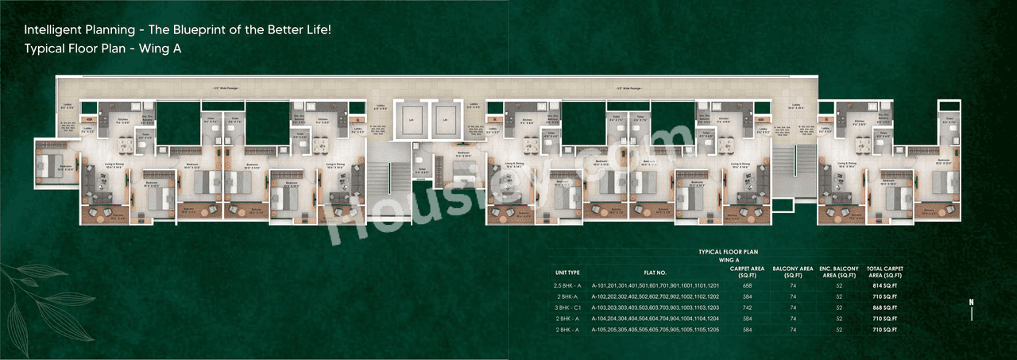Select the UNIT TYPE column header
click(x=567, y=273)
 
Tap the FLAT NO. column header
click(x=655, y=273)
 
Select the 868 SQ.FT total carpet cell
click(x=884, y=307)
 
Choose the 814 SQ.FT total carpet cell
click(x=884, y=285)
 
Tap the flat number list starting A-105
click(x=655, y=329)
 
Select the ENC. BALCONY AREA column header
click(x=837, y=273)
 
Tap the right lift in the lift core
click(x=445, y=120)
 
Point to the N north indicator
click(x=971, y=302)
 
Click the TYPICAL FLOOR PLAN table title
click(x=729, y=252)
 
